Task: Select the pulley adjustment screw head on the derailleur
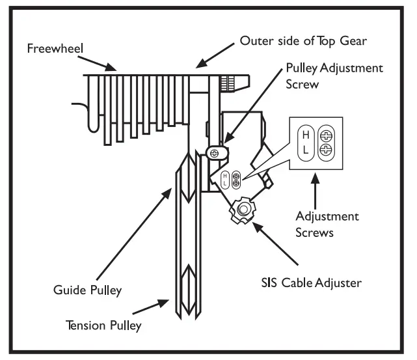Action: click(x=214, y=152)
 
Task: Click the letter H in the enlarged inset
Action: click(x=304, y=135)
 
